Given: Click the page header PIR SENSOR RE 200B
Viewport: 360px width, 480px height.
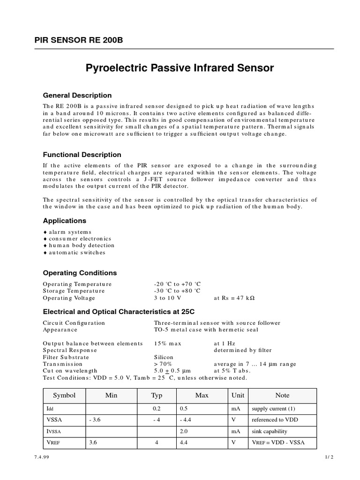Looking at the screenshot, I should pos(79,40).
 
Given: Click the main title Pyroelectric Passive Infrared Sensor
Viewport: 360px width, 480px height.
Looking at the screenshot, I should pos(180,68).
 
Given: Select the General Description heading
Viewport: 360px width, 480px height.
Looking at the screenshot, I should pos(77,96).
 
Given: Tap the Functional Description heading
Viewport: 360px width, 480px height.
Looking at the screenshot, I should pos(82,155).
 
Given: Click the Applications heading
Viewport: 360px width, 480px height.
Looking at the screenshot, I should pos(65,221).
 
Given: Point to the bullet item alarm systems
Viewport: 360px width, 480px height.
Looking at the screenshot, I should pos(70,232).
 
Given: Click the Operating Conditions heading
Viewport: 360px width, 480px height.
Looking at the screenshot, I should pos(80,273).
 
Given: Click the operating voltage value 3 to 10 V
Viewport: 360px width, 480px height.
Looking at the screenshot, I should pos(167,298).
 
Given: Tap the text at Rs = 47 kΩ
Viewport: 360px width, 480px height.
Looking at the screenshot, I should pos(234,298).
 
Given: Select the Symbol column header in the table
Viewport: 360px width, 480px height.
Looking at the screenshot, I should pos(64,396).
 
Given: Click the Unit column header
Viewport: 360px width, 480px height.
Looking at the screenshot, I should pos(238,396).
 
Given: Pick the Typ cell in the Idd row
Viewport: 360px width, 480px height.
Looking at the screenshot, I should pos(157,409).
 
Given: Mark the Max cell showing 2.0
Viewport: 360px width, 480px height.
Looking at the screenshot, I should pos(184,431).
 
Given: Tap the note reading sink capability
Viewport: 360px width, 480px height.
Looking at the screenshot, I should pos(270,431).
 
